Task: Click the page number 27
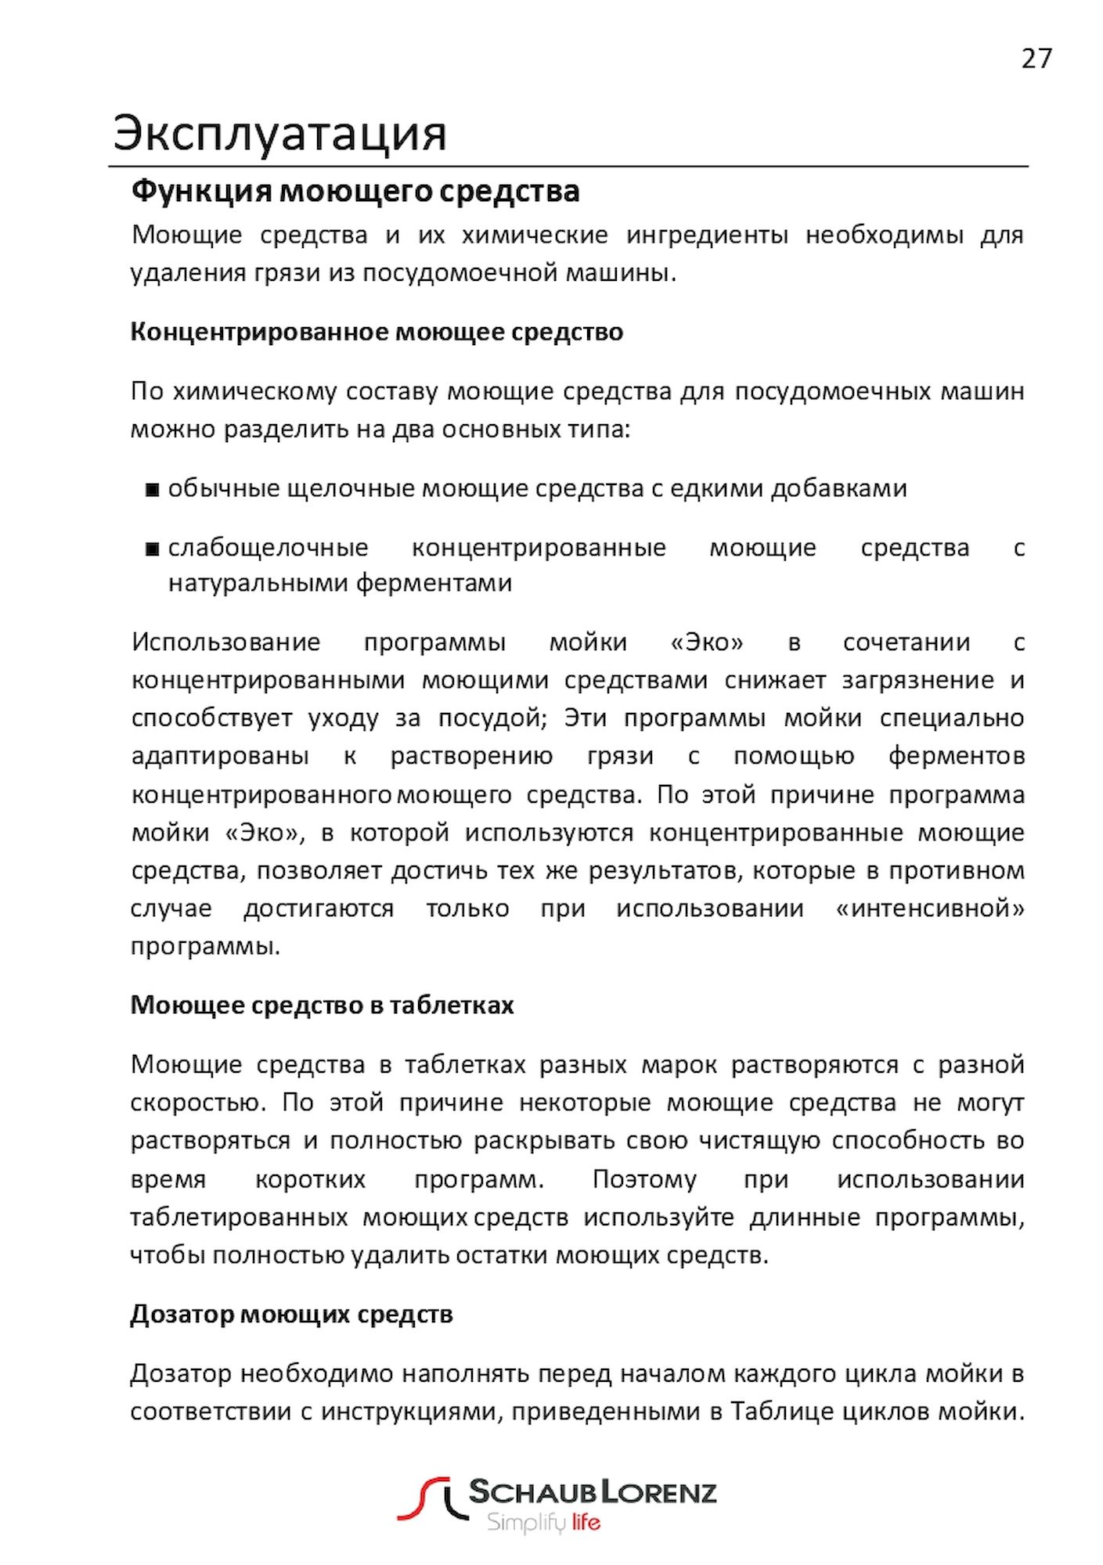click(1036, 59)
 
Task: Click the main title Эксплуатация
click(279, 133)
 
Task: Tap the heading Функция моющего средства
click(355, 191)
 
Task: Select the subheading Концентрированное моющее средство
click(377, 332)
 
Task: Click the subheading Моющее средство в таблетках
click(322, 1005)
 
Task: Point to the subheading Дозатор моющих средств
click(291, 1314)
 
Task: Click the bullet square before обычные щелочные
click(152, 490)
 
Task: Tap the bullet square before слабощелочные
click(152, 549)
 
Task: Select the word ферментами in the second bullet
click(434, 583)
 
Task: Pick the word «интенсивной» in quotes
click(930, 908)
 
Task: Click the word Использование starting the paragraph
click(225, 642)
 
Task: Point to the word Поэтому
click(643, 1179)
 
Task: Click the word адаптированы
click(220, 756)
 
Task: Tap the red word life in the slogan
click(586, 1523)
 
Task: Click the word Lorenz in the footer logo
click(658, 1492)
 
